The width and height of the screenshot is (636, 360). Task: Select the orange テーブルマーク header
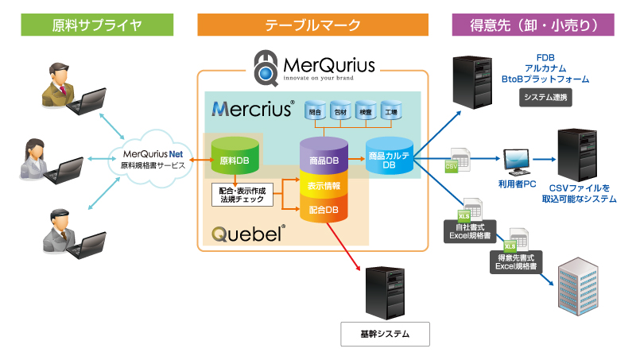point(312,25)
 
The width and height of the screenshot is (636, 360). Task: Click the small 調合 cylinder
point(316,112)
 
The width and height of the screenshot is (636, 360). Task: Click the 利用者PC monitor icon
point(518,161)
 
